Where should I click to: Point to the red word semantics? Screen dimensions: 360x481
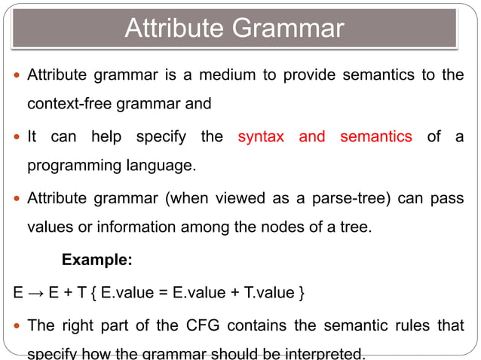[376, 137]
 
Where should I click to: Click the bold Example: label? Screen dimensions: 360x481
[97, 260]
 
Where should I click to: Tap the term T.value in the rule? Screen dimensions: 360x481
[264, 291]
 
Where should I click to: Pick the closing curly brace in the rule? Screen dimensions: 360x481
[302, 291]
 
